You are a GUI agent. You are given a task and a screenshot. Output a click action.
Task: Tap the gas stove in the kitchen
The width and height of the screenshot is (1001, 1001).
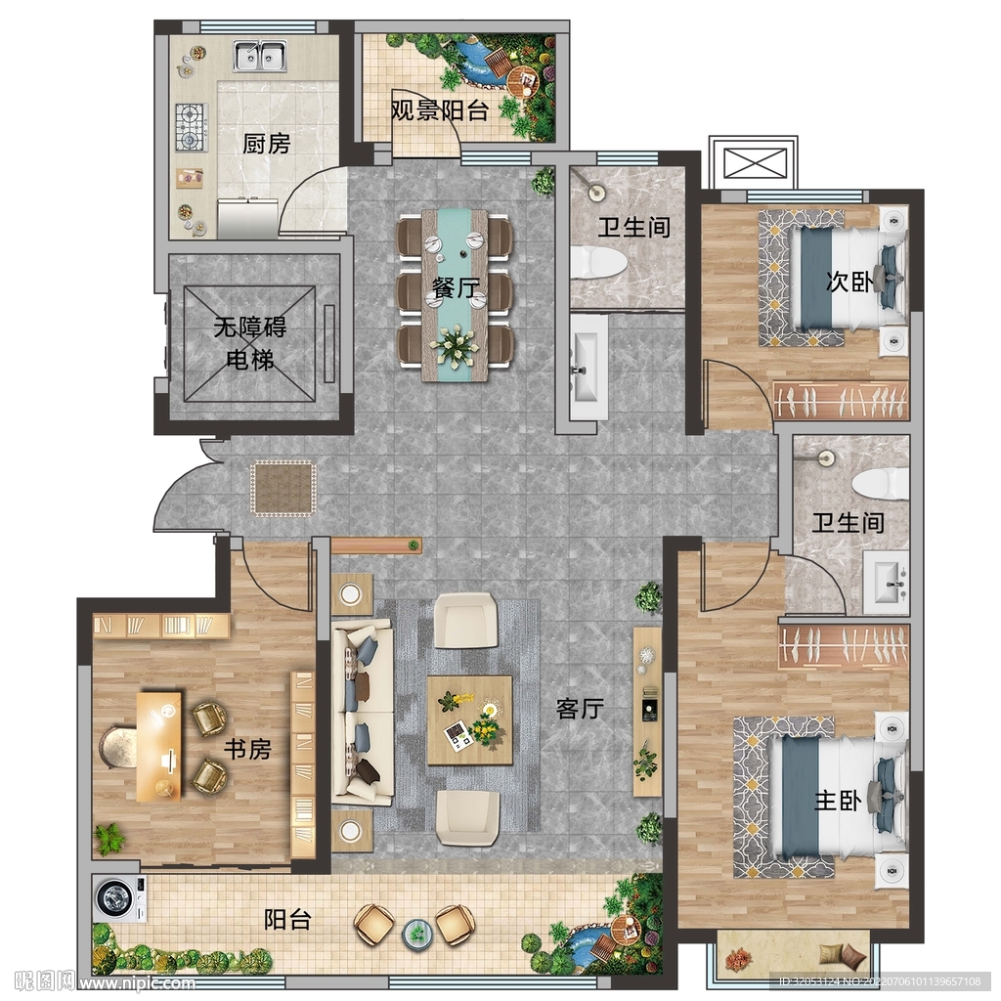coord(192,127)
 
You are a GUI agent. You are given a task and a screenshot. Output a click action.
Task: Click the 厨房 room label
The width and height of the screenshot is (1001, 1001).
coord(266,144)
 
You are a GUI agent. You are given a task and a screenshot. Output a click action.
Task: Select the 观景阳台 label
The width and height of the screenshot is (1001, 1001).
coord(440,111)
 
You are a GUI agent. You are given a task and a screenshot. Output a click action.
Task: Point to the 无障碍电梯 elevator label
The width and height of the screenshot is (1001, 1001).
coord(249,343)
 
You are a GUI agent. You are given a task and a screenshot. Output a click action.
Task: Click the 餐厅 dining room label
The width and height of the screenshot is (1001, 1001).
coord(456,288)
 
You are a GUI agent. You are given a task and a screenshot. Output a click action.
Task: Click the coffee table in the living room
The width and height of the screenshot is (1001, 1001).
coord(470,720)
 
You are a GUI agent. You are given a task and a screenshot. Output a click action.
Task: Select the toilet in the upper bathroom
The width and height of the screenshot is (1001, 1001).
coord(598,262)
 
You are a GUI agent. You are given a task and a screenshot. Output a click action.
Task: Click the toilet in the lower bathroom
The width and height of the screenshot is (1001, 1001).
coord(881,483)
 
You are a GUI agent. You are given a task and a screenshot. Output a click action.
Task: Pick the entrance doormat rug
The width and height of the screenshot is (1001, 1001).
coord(283,489)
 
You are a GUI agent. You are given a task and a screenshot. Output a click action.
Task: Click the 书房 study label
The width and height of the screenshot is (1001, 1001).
coord(247,749)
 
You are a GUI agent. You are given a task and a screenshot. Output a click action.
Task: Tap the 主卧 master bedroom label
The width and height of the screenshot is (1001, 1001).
coord(838,800)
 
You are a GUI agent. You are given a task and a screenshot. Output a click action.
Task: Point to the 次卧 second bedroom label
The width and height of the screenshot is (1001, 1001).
coord(849,281)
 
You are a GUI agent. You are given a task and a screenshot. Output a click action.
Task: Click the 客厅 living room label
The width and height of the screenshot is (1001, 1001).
coord(581,708)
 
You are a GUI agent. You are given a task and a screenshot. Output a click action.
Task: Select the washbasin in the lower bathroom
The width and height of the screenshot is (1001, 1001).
coord(886,583)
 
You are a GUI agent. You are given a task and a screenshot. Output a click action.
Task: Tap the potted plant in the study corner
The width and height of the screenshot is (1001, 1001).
coord(109,838)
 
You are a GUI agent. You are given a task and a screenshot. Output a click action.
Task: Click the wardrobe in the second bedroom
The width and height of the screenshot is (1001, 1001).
coord(841,400)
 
